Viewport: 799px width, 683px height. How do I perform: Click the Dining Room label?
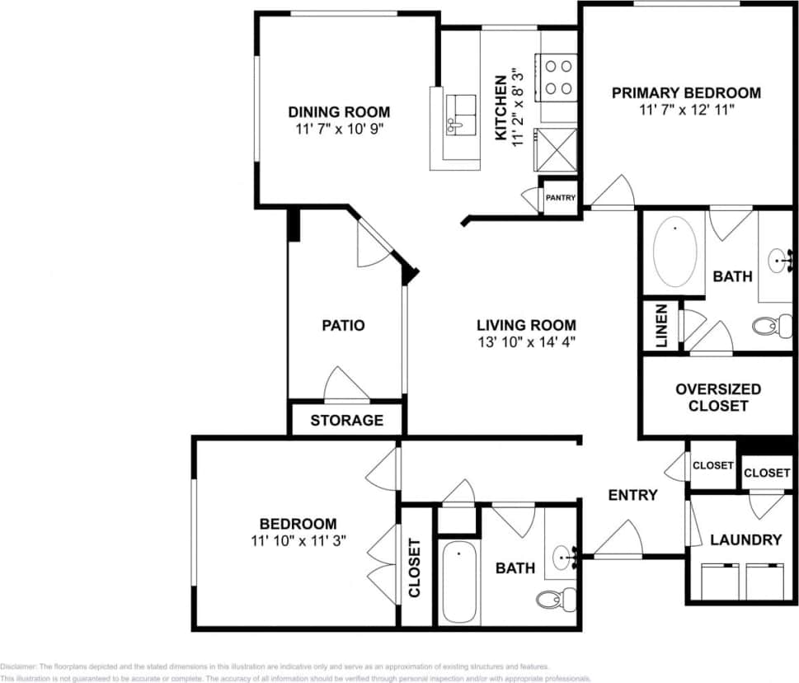(x=338, y=111)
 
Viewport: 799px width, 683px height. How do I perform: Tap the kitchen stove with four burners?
(x=557, y=76)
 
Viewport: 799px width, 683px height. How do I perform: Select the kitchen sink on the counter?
(x=461, y=114)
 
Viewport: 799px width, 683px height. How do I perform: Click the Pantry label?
(x=560, y=198)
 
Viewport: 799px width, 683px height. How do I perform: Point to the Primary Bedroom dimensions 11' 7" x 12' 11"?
(x=686, y=110)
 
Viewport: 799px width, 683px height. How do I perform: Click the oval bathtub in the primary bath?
(x=675, y=251)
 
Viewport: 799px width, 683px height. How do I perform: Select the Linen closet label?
(x=661, y=326)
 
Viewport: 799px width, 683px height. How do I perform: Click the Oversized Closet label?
(x=717, y=397)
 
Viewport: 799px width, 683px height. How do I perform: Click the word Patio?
(x=343, y=325)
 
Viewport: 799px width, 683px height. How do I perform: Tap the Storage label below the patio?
(x=346, y=420)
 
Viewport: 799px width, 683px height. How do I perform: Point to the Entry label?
(x=632, y=495)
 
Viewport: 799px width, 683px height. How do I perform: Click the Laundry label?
(x=745, y=539)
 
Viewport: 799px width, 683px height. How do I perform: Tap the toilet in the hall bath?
(x=552, y=597)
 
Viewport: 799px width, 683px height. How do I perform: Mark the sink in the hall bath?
(x=565, y=557)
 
